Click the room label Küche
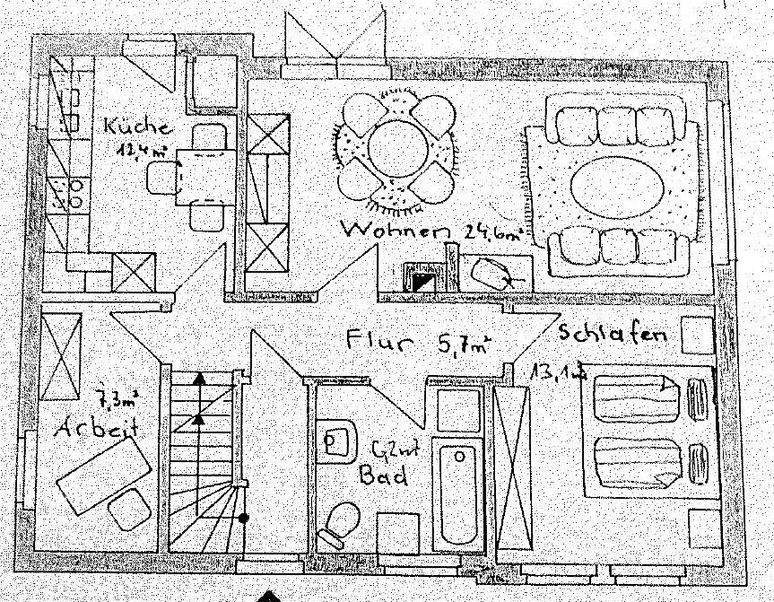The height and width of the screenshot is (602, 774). click(x=130, y=126)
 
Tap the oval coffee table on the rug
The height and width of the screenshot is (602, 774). click(x=619, y=187)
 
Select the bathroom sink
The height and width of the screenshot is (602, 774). click(x=335, y=441)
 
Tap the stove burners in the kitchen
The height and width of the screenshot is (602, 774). click(x=66, y=192)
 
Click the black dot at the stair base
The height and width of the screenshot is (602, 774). click(x=244, y=518)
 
